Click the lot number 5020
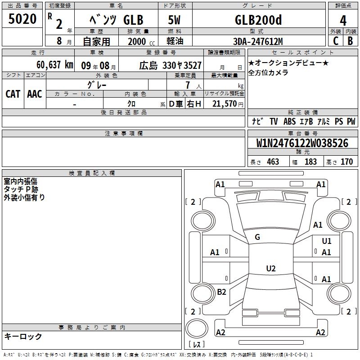(x=22, y=19)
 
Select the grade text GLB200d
(x=258, y=20)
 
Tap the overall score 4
(x=343, y=21)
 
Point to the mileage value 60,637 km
(x=55, y=65)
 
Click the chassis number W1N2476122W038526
(x=302, y=143)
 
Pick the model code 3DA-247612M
(x=258, y=41)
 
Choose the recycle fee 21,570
(x=224, y=104)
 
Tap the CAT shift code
(x=13, y=94)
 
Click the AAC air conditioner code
(x=35, y=94)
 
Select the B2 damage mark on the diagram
(x=221, y=292)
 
